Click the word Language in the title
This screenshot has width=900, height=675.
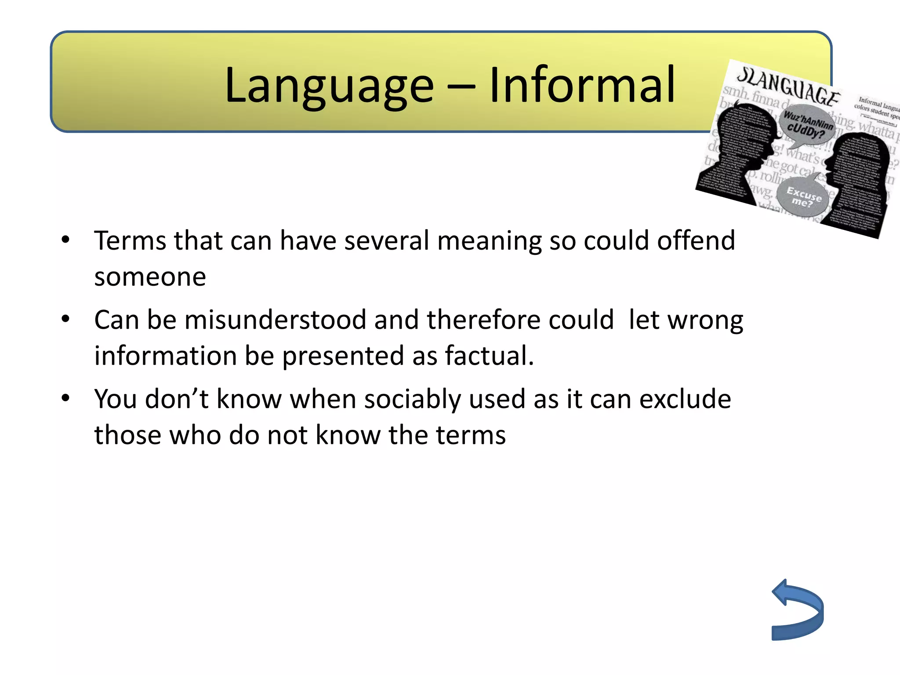[329, 86]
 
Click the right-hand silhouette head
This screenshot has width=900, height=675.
[857, 176]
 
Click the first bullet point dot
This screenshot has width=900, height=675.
[66, 240]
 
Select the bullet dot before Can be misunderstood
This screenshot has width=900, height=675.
[66, 319]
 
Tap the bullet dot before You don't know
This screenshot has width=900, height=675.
[66, 398]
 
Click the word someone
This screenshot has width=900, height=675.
[150, 277]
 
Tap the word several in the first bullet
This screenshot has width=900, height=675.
[386, 241]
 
